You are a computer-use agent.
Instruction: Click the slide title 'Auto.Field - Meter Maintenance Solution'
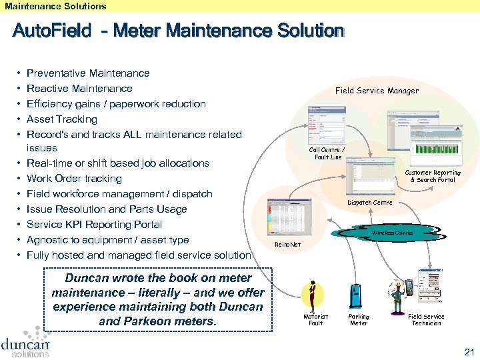pyautogui.click(x=178, y=31)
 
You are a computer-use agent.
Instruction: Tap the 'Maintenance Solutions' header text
pyautogui.click(x=55, y=6)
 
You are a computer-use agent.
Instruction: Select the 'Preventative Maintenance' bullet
pyautogui.click(x=88, y=73)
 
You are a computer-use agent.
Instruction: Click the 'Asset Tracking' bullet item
pyautogui.click(x=62, y=119)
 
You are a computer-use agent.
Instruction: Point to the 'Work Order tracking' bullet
pyautogui.click(x=74, y=179)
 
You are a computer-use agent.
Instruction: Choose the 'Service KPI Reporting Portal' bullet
pyautogui.click(x=94, y=225)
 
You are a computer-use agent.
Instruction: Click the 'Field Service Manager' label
pyautogui.click(x=377, y=91)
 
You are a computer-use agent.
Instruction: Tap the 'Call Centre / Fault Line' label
pyautogui.click(x=327, y=153)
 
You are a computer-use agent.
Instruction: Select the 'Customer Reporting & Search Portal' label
pyautogui.click(x=433, y=176)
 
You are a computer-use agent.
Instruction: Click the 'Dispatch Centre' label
pyautogui.click(x=369, y=203)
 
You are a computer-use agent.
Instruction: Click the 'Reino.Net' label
pyautogui.click(x=287, y=245)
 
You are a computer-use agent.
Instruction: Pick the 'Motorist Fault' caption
pyautogui.click(x=315, y=320)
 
